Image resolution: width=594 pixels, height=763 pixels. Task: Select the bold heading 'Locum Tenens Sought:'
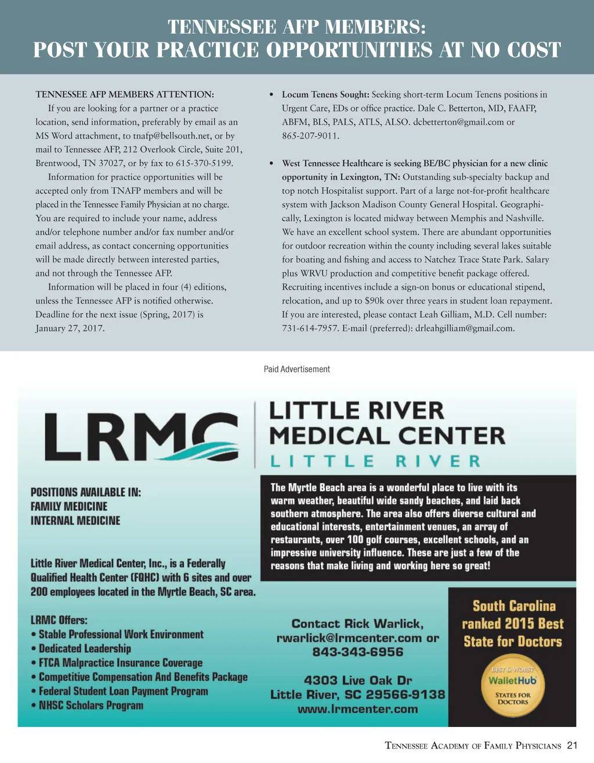tap(325, 95)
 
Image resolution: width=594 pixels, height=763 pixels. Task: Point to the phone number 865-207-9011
tap(310, 136)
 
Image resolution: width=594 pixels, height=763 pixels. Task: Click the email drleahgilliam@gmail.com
tap(465, 328)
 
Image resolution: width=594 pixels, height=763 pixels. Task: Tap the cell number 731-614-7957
tap(310, 328)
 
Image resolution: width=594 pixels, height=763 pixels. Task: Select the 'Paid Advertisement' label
tap(297, 369)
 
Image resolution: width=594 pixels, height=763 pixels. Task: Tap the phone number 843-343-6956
tap(357, 652)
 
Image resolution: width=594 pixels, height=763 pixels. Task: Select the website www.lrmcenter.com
tap(357, 709)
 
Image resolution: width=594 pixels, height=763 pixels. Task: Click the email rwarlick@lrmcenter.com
tap(350, 638)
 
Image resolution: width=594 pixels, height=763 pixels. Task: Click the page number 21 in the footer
tap(573, 746)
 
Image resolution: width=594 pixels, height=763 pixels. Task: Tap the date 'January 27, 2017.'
tap(70, 328)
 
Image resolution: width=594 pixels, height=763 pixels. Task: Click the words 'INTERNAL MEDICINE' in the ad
tap(75, 521)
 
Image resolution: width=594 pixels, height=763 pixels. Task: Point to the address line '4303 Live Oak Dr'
tap(357, 680)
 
